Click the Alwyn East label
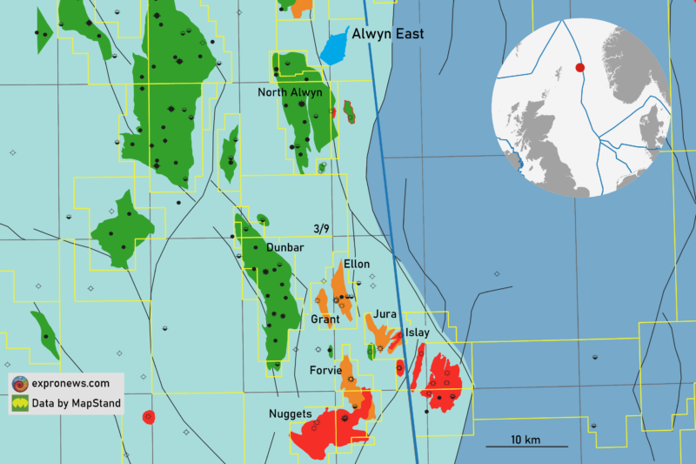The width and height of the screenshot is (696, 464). pyautogui.click(x=388, y=34)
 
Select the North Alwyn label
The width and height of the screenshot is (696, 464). pyautogui.click(x=290, y=92)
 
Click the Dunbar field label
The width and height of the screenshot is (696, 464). pyautogui.click(x=285, y=248)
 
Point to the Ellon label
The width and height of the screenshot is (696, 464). pyautogui.click(x=357, y=264)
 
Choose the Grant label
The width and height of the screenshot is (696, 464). pyautogui.click(x=325, y=319)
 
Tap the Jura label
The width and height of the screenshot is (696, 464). pyautogui.click(x=385, y=313)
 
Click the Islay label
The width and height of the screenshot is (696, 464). pyautogui.click(x=418, y=333)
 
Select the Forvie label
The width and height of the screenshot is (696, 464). pyautogui.click(x=325, y=370)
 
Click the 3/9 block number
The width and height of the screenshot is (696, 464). pyautogui.click(x=321, y=229)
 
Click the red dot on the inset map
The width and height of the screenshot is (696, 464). pyautogui.click(x=580, y=67)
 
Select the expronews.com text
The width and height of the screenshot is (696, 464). pyautogui.click(x=70, y=383)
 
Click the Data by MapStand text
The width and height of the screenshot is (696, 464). pyautogui.click(x=77, y=403)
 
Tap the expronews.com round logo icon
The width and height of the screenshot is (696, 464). pyautogui.click(x=19, y=383)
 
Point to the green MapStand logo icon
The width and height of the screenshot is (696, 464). pyautogui.click(x=19, y=403)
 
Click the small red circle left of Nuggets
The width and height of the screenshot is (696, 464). pyautogui.click(x=149, y=417)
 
